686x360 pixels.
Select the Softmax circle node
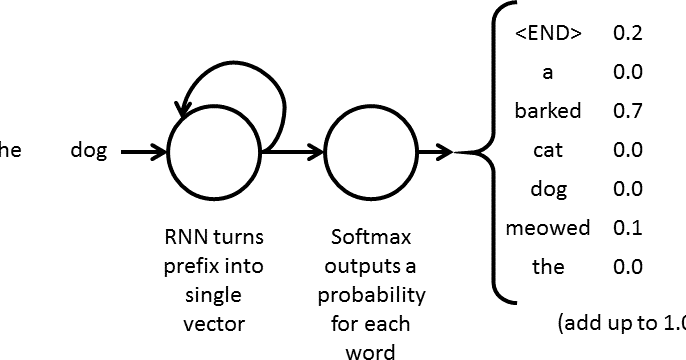pos(372,153)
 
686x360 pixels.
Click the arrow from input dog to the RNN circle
pos(144,153)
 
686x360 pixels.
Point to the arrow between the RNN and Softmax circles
pos(294,153)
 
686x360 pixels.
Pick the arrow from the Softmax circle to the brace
pos(435,153)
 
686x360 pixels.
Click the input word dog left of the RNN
pos(89,151)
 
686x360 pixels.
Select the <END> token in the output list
pos(547,33)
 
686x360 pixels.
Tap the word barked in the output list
pos(547,111)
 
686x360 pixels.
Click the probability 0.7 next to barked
pos(627,111)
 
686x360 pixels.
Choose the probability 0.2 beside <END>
pos(627,33)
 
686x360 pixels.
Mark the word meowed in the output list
pos(547,228)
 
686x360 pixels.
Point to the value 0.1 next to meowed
pos(627,228)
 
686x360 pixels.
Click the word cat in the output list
pos(547,150)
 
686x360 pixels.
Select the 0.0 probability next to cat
pos(627,150)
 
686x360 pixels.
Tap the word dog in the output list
pos(547,189)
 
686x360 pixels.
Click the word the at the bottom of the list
pos(547,267)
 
